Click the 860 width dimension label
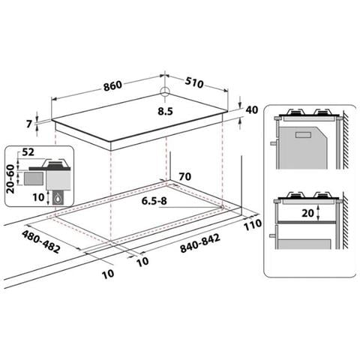(x=112, y=85)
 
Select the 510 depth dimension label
(x=194, y=83)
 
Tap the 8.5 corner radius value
(x=165, y=111)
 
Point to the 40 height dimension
(x=252, y=109)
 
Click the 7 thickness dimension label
(x=29, y=124)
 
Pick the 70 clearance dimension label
(x=185, y=177)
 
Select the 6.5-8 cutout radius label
(x=154, y=201)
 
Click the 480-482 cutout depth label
(x=41, y=241)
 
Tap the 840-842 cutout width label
(x=200, y=243)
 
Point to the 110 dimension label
(x=253, y=225)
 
